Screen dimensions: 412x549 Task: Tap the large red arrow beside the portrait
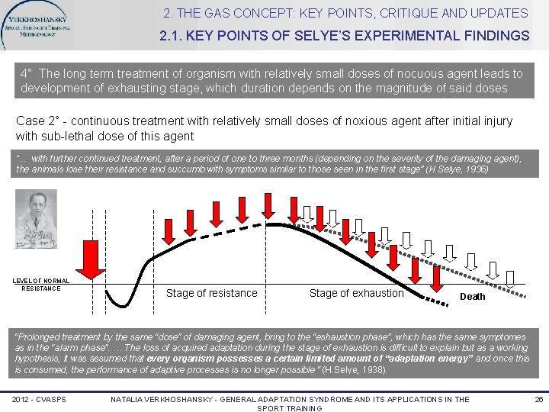pyautogui.click(x=92, y=256)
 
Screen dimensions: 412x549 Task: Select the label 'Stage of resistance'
pyautogui.click(x=211, y=293)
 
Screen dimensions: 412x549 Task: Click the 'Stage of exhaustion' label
pyautogui.click(x=356, y=293)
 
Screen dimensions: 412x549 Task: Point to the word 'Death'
pyautogui.click(x=472, y=296)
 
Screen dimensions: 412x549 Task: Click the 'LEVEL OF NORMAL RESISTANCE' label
pyautogui.click(x=40, y=285)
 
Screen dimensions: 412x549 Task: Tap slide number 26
pyautogui.click(x=538, y=399)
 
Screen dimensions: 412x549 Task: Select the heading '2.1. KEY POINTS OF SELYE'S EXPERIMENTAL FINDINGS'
pyautogui.click(x=345, y=36)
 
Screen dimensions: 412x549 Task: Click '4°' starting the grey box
pyautogui.click(x=27, y=74)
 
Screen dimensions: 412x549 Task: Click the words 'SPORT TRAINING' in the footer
pyautogui.click(x=291, y=408)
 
